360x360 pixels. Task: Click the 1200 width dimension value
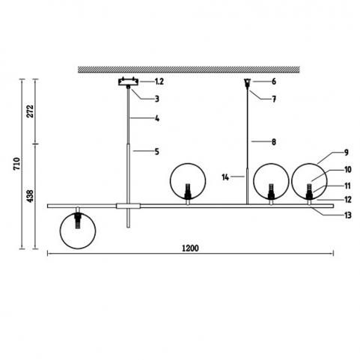pyautogui.click(x=190, y=248)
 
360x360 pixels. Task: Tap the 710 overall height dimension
pyautogui.click(x=16, y=164)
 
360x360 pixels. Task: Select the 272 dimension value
pyautogui.click(x=30, y=111)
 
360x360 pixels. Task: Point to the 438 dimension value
pyautogui.click(x=30, y=196)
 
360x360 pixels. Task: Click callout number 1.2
pyautogui.click(x=159, y=82)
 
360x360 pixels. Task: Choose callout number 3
pyautogui.click(x=157, y=99)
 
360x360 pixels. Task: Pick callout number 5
pyautogui.click(x=157, y=151)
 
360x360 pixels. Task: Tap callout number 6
pyautogui.click(x=274, y=82)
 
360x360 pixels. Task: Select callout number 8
pyautogui.click(x=274, y=142)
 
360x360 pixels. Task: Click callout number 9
pyautogui.click(x=347, y=153)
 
